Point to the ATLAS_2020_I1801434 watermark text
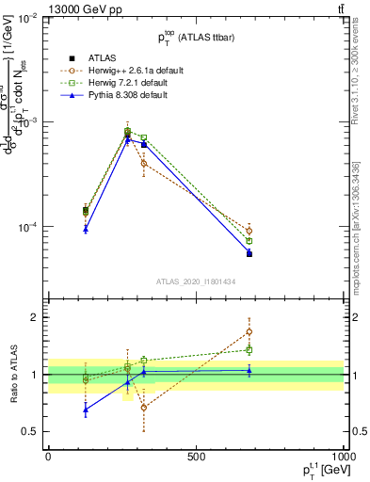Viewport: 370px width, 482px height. click(x=195, y=281)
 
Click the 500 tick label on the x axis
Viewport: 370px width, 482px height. click(x=196, y=457)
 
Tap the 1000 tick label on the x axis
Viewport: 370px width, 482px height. click(x=341, y=457)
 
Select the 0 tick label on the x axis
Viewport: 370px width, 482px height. click(x=48, y=457)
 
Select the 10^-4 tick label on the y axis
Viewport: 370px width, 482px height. click(x=25, y=227)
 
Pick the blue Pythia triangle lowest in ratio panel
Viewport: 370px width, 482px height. click(x=86, y=409)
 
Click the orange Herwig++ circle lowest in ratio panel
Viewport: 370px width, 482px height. click(x=143, y=407)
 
